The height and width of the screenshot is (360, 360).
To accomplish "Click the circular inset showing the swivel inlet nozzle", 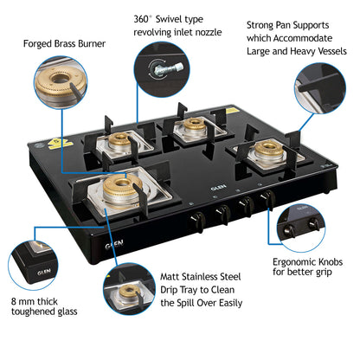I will [x=160, y=69].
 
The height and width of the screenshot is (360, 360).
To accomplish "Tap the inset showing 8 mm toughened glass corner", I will [x=33, y=265].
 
